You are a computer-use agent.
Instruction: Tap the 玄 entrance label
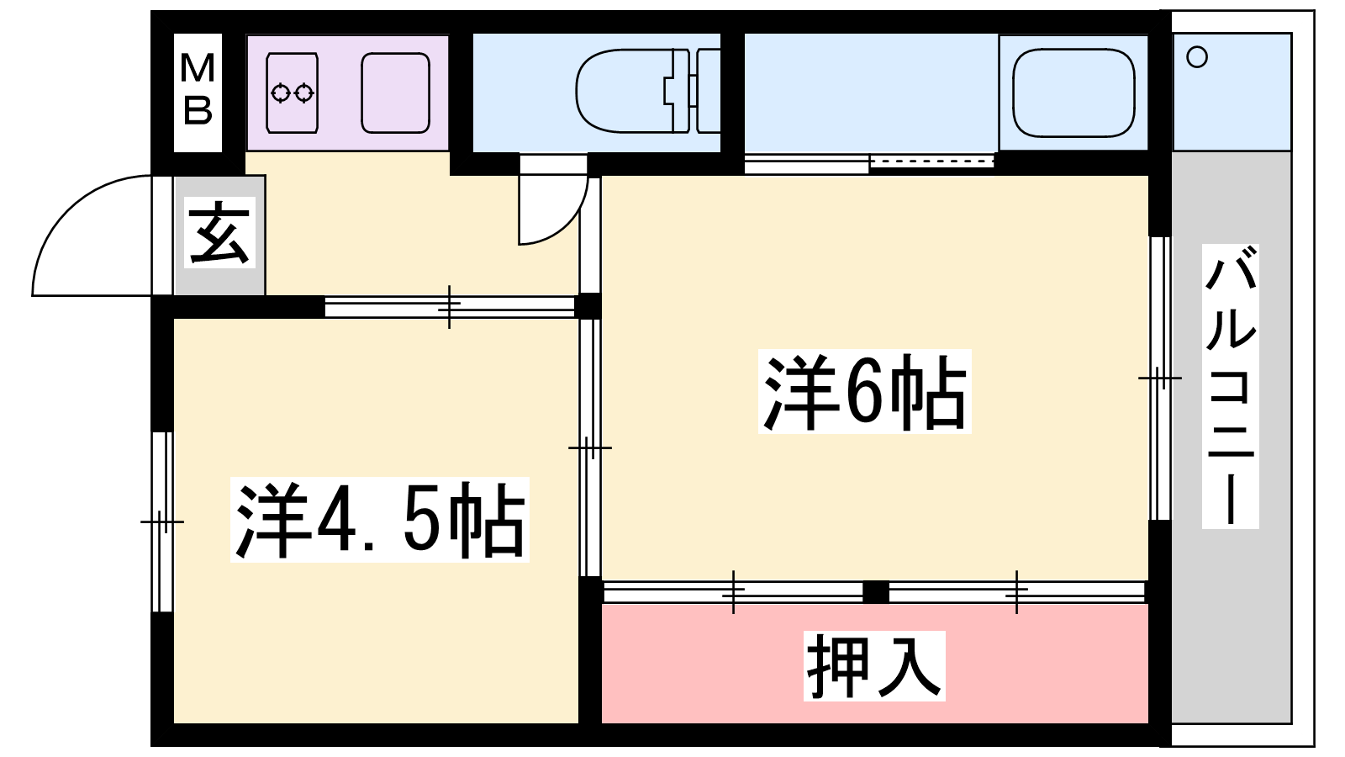(x=219, y=232)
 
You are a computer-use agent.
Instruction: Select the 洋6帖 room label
(x=865, y=391)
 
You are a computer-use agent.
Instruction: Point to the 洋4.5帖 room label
(x=379, y=520)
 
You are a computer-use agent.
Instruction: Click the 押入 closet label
(x=874, y=665)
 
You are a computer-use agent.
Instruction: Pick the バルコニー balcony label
(x=1231, y=386)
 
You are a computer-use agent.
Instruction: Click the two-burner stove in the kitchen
(x=292, y=93)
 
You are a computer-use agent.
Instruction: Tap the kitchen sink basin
(x=396, y=93)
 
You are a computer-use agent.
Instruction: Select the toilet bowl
(x=625, y=91)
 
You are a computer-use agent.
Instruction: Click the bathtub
(x=1073, y=93)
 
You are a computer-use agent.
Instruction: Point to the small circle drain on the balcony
(x=1197, y=58)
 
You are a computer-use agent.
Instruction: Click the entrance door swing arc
(x=92, y=236)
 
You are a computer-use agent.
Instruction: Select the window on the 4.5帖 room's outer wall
(x=162, y=521)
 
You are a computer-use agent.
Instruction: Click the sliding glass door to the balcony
(x=1160, y=378)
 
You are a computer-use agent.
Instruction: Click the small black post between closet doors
(x=876, y=592)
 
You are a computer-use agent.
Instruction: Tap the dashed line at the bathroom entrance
(x=931, y=161)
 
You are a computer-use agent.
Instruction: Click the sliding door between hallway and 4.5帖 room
(x=450, y=306)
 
